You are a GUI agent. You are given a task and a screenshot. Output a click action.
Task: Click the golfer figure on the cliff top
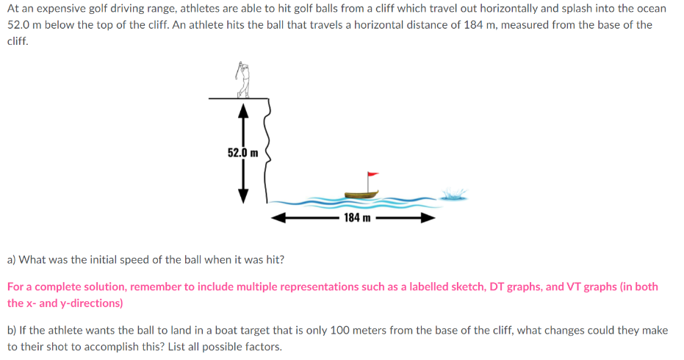(243, 80)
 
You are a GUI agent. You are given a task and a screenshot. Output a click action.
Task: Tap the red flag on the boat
(372, 176)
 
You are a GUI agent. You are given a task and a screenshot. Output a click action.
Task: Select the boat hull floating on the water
(361, 194)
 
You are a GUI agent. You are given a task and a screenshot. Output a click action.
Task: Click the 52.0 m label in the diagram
(243, 153)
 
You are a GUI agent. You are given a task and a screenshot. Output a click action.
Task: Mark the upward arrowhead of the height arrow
(243, 111)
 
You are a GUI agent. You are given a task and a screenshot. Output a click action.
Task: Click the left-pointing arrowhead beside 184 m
(276, 217)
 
